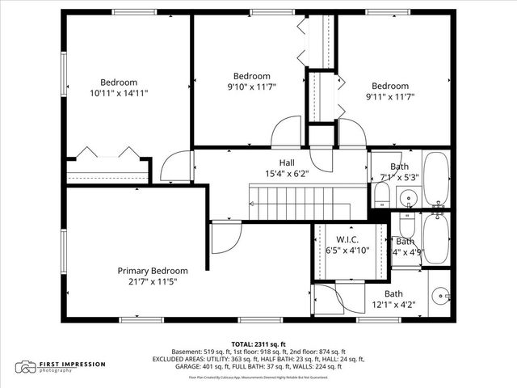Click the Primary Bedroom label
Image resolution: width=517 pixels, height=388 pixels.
(153, 271)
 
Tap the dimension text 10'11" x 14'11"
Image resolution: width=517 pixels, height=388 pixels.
(119, 94)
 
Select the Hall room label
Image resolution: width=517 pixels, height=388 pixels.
(287, 162)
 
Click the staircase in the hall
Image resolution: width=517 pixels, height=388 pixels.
(299, 202)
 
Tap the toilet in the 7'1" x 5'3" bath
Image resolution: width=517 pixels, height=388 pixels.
(381, 194)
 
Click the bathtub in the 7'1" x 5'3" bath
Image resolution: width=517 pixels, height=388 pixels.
(436, 178)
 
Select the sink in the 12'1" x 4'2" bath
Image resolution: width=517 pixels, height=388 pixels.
(440, 297)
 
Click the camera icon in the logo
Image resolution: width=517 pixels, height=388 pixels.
(27, 367)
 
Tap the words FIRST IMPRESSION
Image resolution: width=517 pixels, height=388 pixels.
(74, 364)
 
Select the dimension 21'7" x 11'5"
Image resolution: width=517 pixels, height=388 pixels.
(153, 282)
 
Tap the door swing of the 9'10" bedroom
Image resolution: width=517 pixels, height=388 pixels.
(287, 133)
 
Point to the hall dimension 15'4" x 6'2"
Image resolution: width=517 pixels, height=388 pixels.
(287, 173)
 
